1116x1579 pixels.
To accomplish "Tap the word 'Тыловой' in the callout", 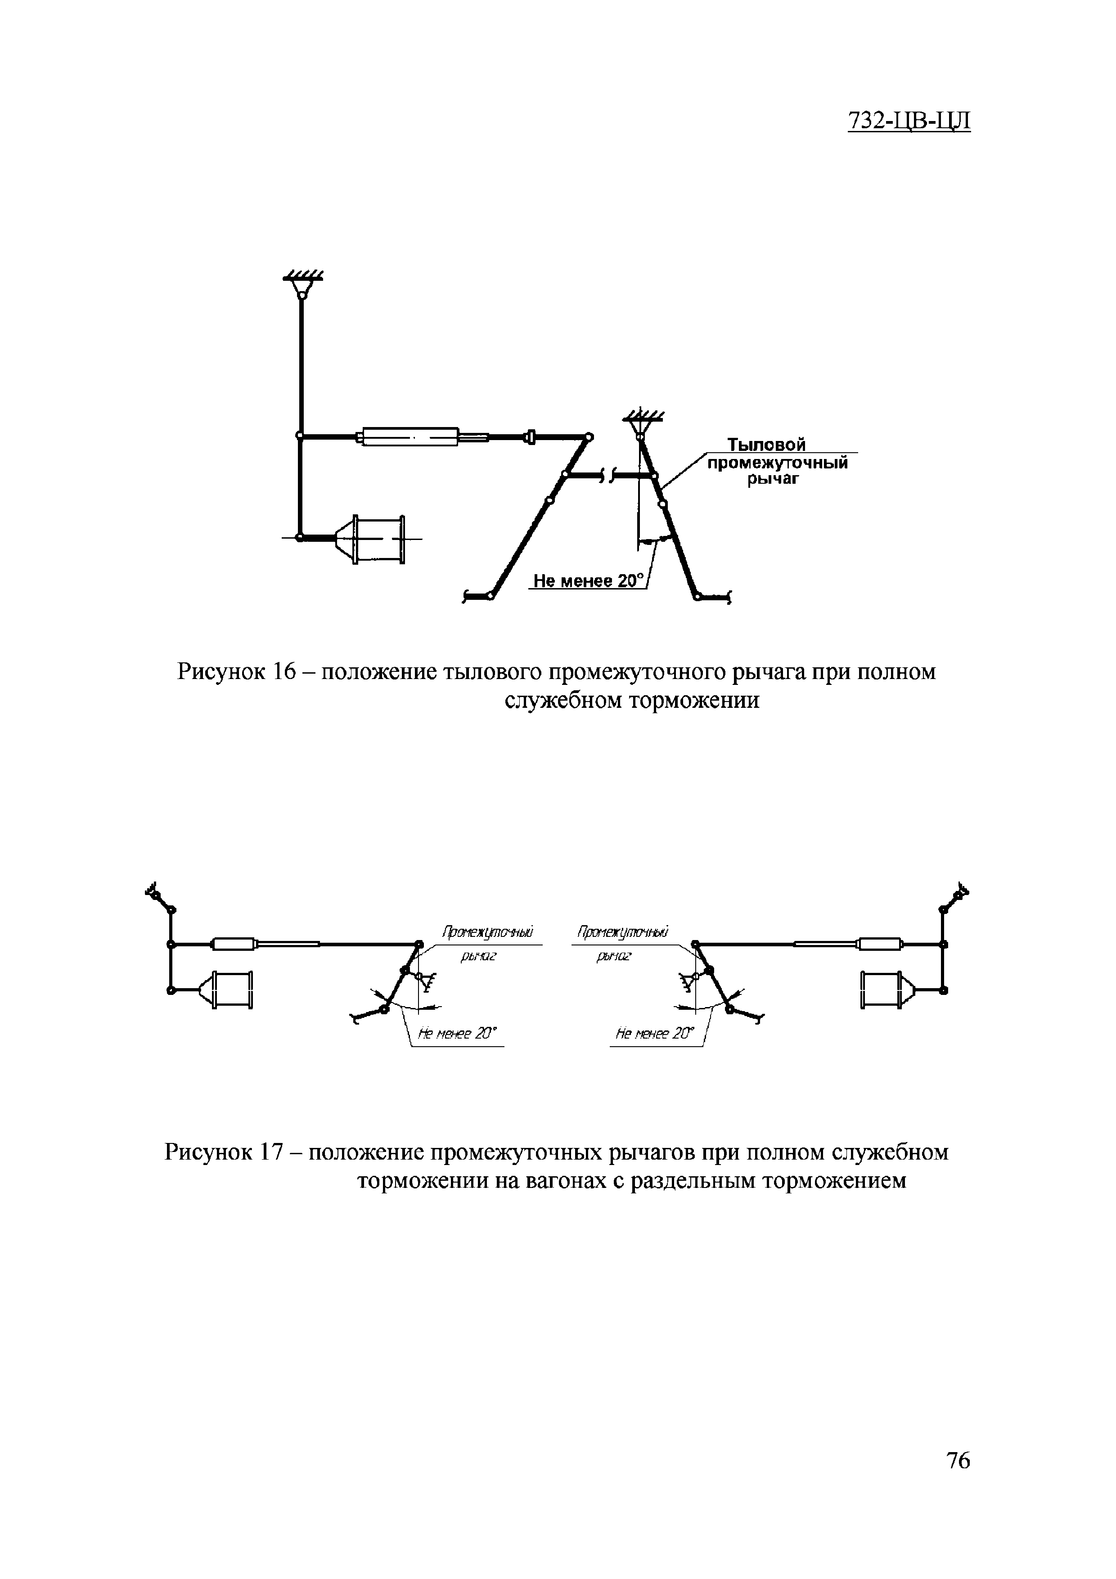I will pos(767,445).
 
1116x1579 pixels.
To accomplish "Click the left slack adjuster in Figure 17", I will pos(234,944).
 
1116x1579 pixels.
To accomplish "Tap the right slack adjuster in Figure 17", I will pos(879,944).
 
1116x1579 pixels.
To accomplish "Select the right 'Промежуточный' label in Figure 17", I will pos(623,932).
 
